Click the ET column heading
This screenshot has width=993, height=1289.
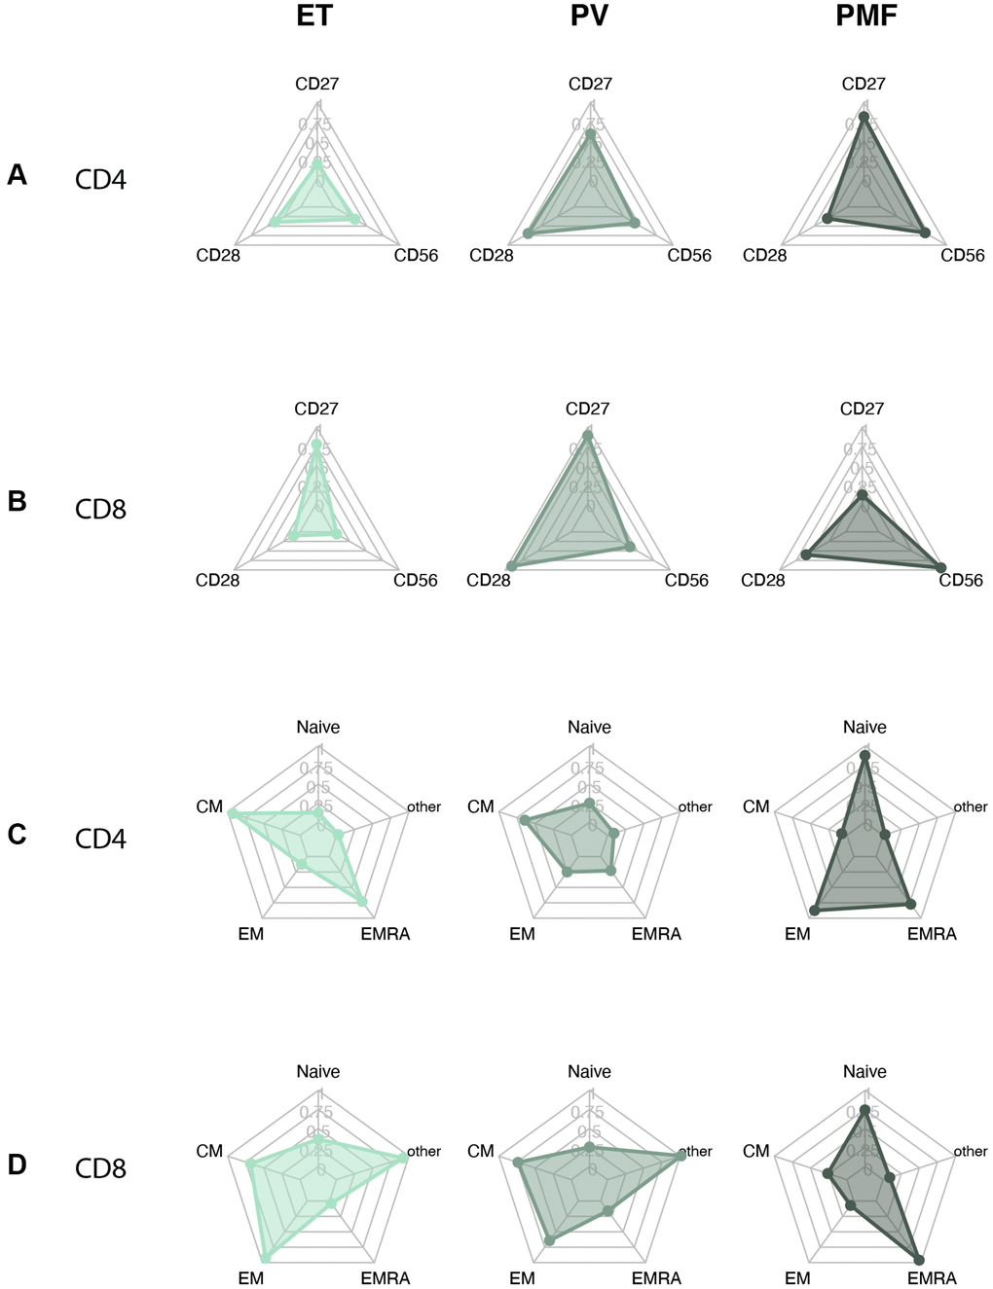tap(314, 17)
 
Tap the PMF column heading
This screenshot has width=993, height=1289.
tap(866, 17)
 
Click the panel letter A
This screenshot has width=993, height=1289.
tap(17, 175)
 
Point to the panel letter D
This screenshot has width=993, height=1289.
tap(17, 1164)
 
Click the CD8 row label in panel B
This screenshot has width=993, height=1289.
tap(100, 509)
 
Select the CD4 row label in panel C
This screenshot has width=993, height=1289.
tap(100, 838)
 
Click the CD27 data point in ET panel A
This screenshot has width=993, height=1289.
tap(317, 165)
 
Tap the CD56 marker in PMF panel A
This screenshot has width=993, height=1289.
tap(925, 233)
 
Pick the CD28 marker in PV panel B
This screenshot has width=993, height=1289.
tap(512, 566)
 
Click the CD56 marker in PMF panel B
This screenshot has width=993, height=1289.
tap(940, 566)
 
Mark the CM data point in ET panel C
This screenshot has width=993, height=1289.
tap(232, 813)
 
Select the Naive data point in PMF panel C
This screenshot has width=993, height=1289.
tap(864, 756)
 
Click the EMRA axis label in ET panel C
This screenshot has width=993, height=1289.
tap(386, 934)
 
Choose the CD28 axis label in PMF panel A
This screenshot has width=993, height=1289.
tap(764, 256)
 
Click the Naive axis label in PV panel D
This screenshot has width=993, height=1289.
tap(590, 1071)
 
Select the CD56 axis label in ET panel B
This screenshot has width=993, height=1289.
tap(416, 581)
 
